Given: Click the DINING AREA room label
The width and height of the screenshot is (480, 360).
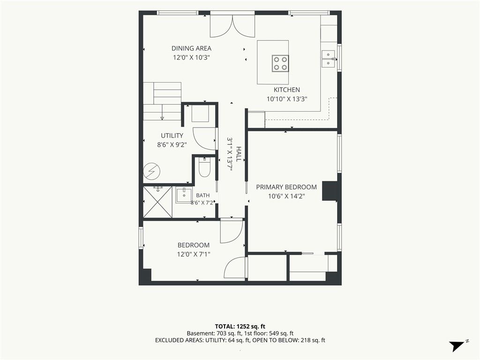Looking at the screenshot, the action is (191, 48).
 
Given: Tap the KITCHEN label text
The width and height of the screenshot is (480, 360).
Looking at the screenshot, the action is (287, 90).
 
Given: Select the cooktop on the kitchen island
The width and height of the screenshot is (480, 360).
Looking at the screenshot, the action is (280, 63).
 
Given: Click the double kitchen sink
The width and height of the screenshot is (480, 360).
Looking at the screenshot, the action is (329, 59).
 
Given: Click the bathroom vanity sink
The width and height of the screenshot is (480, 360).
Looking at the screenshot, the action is (184, 195).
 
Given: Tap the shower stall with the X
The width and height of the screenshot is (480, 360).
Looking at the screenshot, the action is (157, 202).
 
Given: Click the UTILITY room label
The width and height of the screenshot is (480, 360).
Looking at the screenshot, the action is (172, 135).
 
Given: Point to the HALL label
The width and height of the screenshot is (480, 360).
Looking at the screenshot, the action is (239, 154).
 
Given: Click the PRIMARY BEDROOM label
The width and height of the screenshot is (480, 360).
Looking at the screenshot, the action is (286, 187).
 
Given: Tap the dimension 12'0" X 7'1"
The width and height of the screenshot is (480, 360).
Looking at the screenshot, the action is (194, 254).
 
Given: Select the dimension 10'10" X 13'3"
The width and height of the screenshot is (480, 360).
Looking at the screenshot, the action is (287, 99).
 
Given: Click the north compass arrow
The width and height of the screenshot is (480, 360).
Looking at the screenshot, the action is (457, 346).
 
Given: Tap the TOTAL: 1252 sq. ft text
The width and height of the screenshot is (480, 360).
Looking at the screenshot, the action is (240, 326).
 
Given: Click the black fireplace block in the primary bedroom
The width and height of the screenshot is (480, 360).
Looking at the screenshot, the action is (330, 191).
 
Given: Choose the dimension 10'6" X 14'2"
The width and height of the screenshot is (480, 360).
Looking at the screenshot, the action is (286, 196).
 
